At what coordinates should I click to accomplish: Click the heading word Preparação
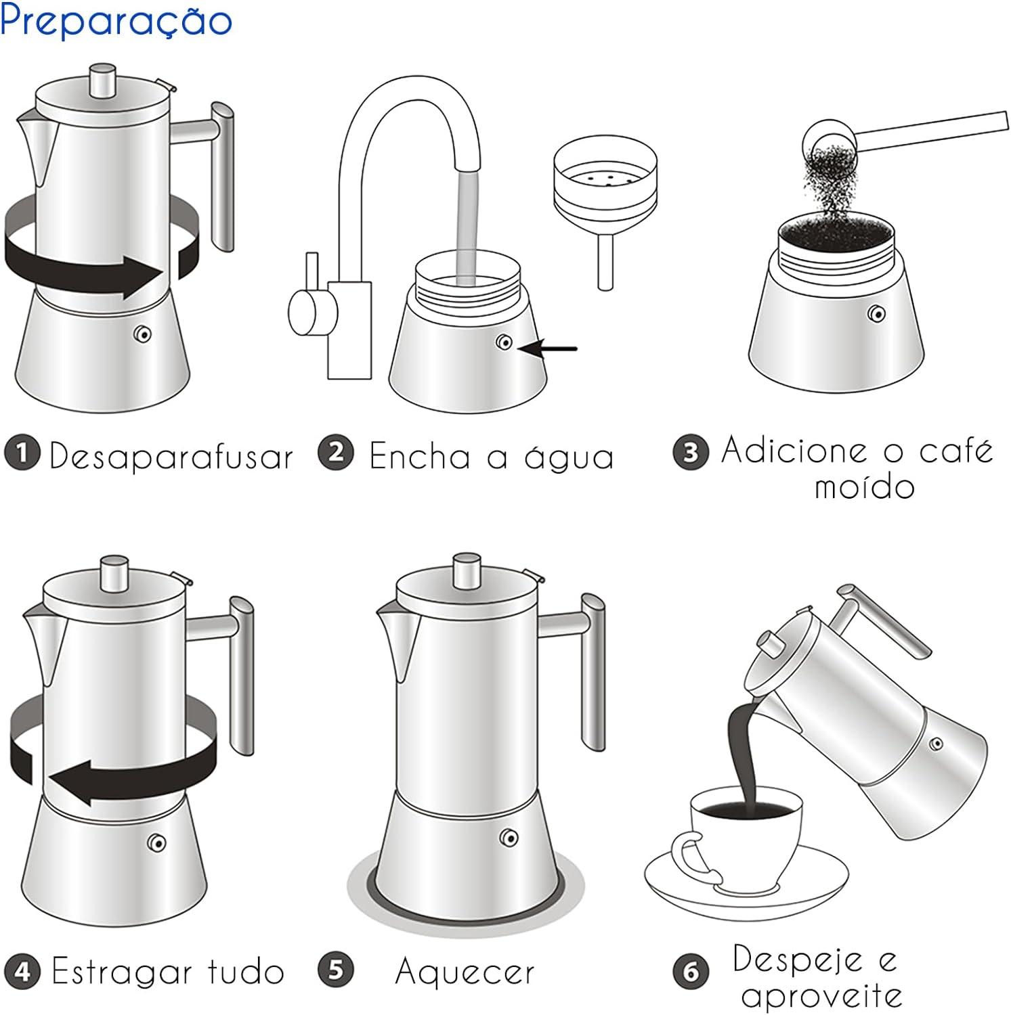(116, 21)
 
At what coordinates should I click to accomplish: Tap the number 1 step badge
(22, 453)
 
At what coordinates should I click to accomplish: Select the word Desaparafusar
(171, 456)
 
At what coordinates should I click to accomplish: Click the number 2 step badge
(336, 453)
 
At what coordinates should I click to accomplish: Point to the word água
(569, 457)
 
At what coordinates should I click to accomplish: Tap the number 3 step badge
(690, 452)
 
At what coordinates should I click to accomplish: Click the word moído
(864, 487)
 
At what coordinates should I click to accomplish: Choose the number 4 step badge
(22, 972)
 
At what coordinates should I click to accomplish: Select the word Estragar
(121, 972)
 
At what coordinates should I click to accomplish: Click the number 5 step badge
(336, 970)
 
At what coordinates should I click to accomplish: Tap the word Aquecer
(465, 972)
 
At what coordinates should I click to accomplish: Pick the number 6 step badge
(691, 972)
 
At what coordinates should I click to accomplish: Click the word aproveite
(821, 995)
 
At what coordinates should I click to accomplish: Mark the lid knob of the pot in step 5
(467, 570)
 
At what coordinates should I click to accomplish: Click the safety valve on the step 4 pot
(157, 842)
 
